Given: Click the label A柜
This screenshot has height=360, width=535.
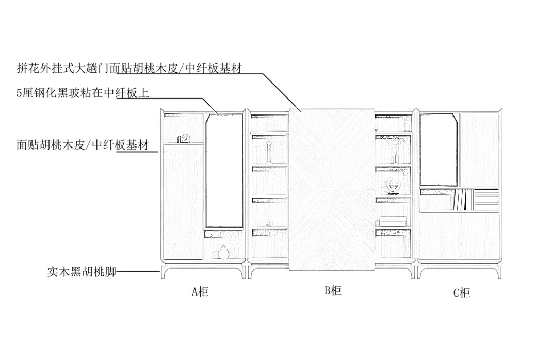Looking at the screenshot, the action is click(x=200, y=292).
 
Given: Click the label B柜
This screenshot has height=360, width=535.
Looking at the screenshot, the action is click(x=333, y=290).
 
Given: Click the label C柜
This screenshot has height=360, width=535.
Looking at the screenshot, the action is click(x=462, y=293).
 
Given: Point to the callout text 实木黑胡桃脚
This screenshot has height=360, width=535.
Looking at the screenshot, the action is click(x=82, y=271).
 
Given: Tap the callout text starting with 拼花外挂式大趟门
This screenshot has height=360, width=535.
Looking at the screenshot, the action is click(x=129, y=68).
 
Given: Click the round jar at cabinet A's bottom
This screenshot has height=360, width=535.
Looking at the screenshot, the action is click(x=223, y=253).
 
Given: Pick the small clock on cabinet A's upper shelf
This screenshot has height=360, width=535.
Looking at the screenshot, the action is click(x=184, y=138).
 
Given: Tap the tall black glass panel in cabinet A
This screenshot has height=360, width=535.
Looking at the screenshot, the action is click(x=224, y=170).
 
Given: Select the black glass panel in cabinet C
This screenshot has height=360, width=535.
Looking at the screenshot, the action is click(x=439, y=150).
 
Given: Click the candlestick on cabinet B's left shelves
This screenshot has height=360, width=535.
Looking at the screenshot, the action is click(x=268, y=154).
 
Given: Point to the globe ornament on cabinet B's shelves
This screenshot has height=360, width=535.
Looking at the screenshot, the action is click(x=391, y=186).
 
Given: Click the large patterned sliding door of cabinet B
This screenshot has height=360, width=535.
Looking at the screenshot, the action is click(x=331, y=190).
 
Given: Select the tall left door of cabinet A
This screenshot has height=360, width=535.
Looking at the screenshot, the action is click(x=183, y=201).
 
